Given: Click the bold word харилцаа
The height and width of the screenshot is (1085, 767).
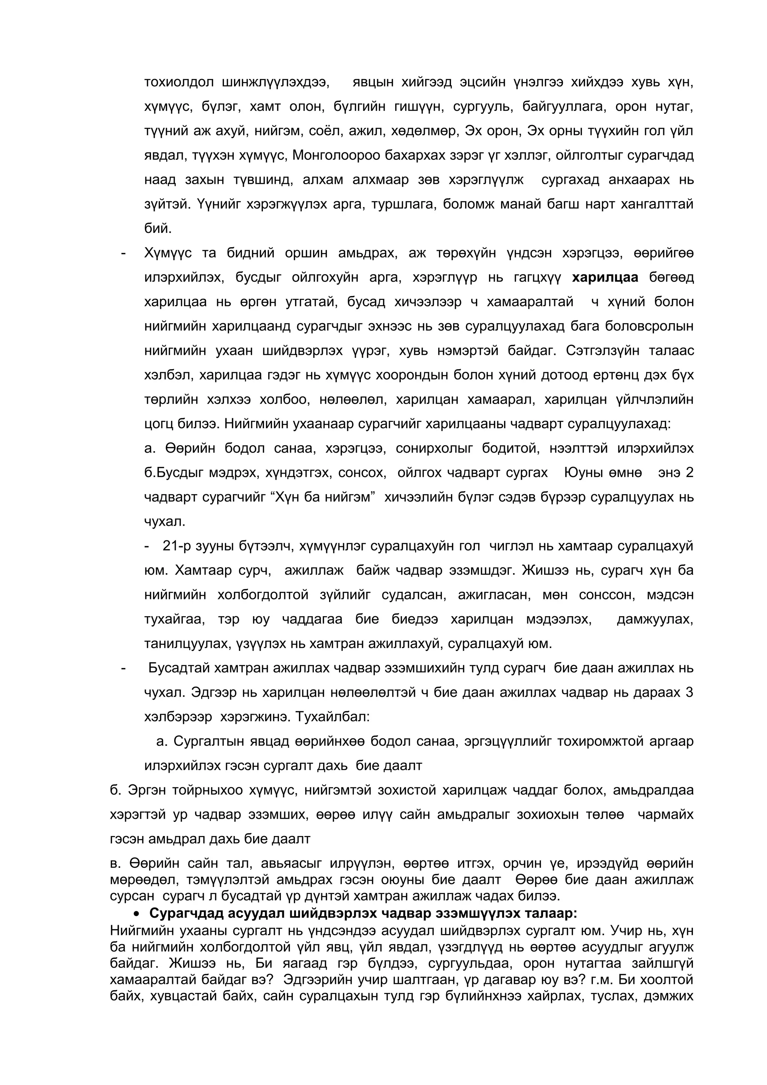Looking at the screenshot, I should [x=605, y=277].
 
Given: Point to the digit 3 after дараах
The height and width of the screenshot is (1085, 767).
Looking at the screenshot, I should [x=689, y=692].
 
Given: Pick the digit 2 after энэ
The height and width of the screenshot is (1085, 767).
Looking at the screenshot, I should [x=689, y=472].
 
